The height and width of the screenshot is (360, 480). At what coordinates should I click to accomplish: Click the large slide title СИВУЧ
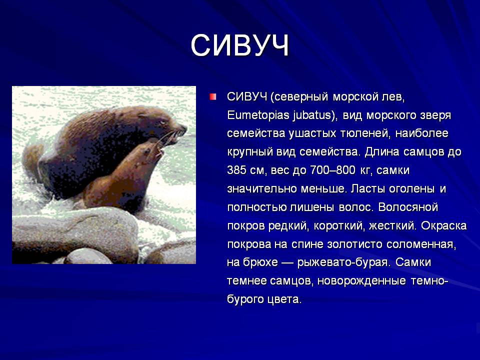tap(240, 45)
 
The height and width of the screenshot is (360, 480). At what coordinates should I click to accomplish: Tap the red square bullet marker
tap(213, 97)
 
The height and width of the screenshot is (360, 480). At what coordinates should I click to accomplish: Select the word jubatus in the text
tap(312, 115)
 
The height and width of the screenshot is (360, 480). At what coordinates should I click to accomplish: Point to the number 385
tap(237, 170)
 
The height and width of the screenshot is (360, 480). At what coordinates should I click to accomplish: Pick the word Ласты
tap(368, 189)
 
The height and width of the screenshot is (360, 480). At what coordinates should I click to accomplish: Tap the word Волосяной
tap(408, 207)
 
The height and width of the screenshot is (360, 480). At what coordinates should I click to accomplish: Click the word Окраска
tap(443, 226)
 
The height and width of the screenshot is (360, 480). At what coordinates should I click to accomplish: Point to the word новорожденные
tap(361, 280)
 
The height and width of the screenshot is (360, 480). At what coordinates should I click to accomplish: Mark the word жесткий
tap(392, 226)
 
